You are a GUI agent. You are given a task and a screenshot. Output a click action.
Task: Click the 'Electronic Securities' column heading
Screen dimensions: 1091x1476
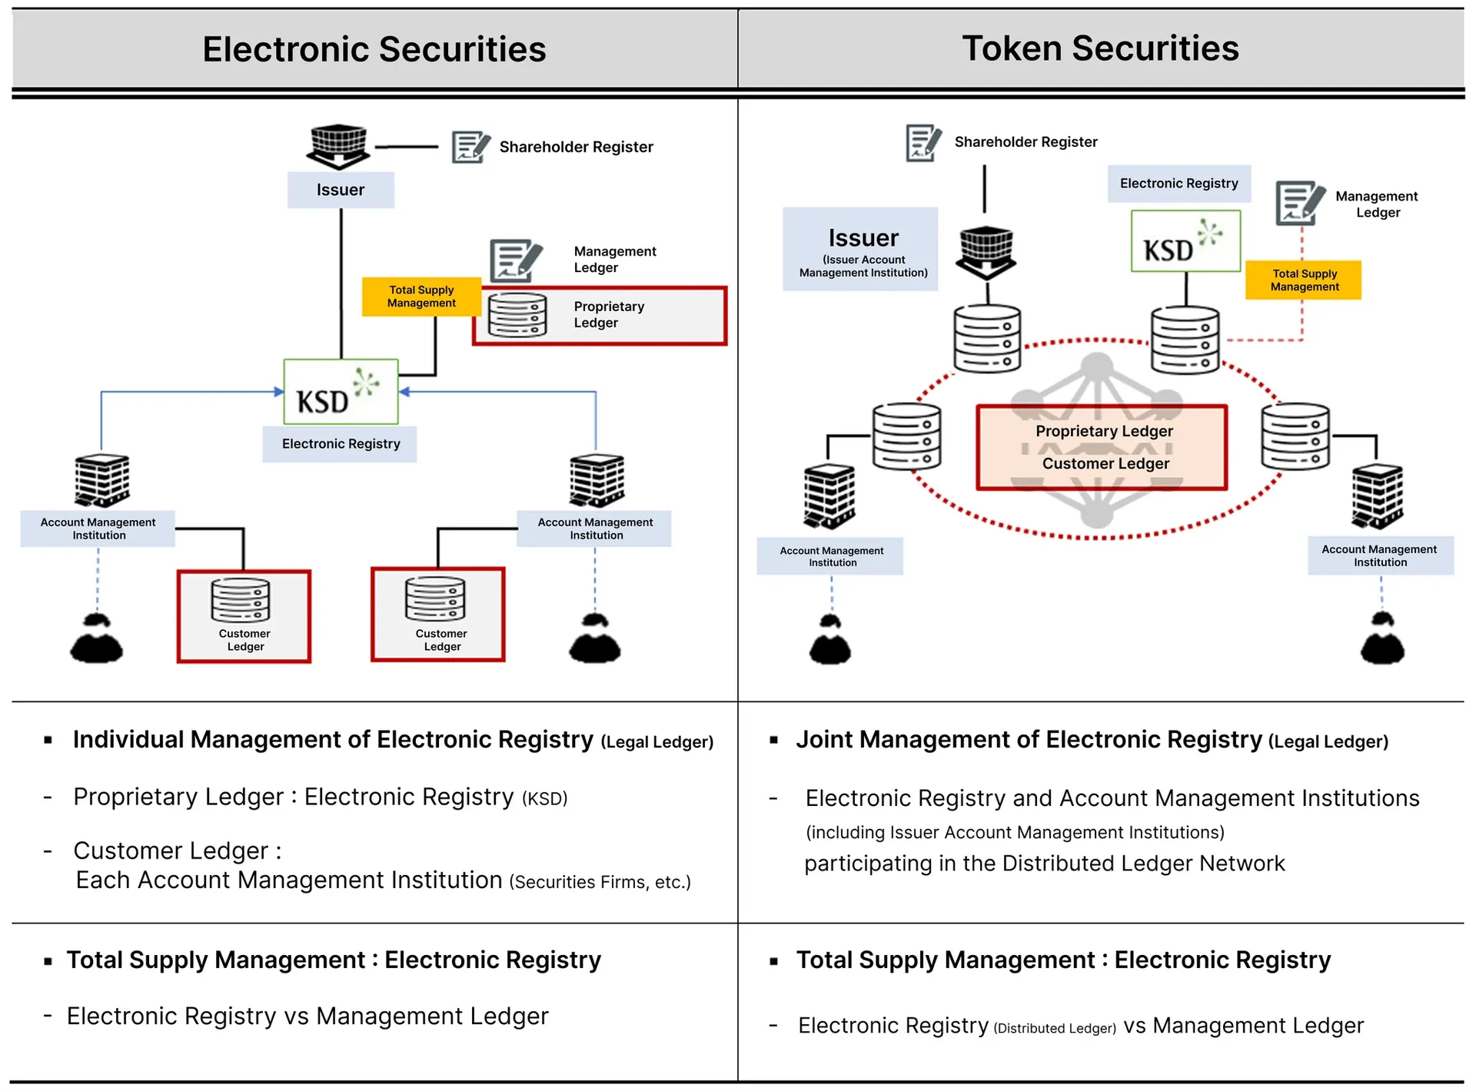tap(374, 50)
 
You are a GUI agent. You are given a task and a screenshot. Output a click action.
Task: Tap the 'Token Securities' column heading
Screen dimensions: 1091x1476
tap(1100, 48)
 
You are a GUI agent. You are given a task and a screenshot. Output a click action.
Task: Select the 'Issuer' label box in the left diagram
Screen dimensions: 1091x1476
tap(341, 190)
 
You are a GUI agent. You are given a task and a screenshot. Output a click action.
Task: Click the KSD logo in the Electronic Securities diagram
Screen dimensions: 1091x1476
tap(341, 392)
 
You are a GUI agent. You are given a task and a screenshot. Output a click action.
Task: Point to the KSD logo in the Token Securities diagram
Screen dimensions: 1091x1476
tap(1185, 241)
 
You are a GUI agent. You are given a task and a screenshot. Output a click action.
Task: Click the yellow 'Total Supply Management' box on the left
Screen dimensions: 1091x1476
tap(421, 297)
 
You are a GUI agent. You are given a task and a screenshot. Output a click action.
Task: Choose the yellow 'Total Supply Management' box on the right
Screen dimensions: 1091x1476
tap(1304, 280)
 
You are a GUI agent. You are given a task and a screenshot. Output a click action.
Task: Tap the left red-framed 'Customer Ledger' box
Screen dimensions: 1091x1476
tap(244, 616)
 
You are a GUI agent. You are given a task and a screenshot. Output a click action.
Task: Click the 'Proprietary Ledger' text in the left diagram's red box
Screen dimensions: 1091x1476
tap(609, 314)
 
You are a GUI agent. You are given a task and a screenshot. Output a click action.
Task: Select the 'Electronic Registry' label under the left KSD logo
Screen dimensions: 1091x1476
tap(341, 444)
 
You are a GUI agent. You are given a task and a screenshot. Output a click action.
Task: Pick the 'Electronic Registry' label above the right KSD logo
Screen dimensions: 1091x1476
tap(1178, 184)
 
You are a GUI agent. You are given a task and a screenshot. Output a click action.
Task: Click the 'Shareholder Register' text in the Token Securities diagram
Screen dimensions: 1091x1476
tap(1026, 142)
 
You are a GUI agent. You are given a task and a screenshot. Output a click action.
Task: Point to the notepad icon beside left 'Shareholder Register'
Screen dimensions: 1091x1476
tap(470, 147)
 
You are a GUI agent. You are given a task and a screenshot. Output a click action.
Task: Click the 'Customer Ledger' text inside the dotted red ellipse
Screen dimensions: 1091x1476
tap(1105, 463)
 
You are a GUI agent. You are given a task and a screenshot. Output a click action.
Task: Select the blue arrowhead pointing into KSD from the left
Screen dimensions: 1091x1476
tap(279, 392)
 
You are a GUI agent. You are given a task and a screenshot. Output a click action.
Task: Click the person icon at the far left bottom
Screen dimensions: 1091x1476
tap(97, 638)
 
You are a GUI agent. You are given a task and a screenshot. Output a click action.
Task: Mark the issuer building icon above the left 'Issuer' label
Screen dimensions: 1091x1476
tap(338, 146)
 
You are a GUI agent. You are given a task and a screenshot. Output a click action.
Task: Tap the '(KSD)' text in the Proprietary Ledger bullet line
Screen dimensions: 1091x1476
tap(544, 799)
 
